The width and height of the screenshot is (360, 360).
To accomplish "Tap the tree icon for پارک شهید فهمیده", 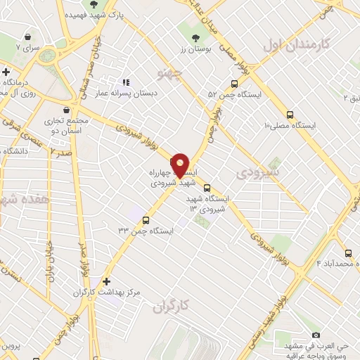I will point(94,5).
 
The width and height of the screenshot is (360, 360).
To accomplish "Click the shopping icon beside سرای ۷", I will point(27,37).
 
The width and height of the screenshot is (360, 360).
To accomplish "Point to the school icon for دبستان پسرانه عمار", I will point(127,82).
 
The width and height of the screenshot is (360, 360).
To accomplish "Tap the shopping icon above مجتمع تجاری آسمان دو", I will point(66,110).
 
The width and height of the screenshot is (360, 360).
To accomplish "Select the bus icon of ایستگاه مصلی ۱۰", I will point(290,115).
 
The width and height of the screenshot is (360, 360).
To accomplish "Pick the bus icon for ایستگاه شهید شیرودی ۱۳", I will point(207,188).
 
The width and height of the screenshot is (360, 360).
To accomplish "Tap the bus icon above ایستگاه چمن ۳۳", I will point(146,219).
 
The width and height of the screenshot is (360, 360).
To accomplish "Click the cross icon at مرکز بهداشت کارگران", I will point(106,281).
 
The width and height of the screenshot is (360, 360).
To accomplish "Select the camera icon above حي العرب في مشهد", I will point(316,335).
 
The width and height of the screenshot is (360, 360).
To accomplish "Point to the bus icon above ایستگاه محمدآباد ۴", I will point(348,253).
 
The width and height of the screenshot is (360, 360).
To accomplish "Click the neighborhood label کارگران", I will point(172,306).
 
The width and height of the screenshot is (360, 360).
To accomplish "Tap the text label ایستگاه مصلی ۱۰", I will point(290,125).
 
